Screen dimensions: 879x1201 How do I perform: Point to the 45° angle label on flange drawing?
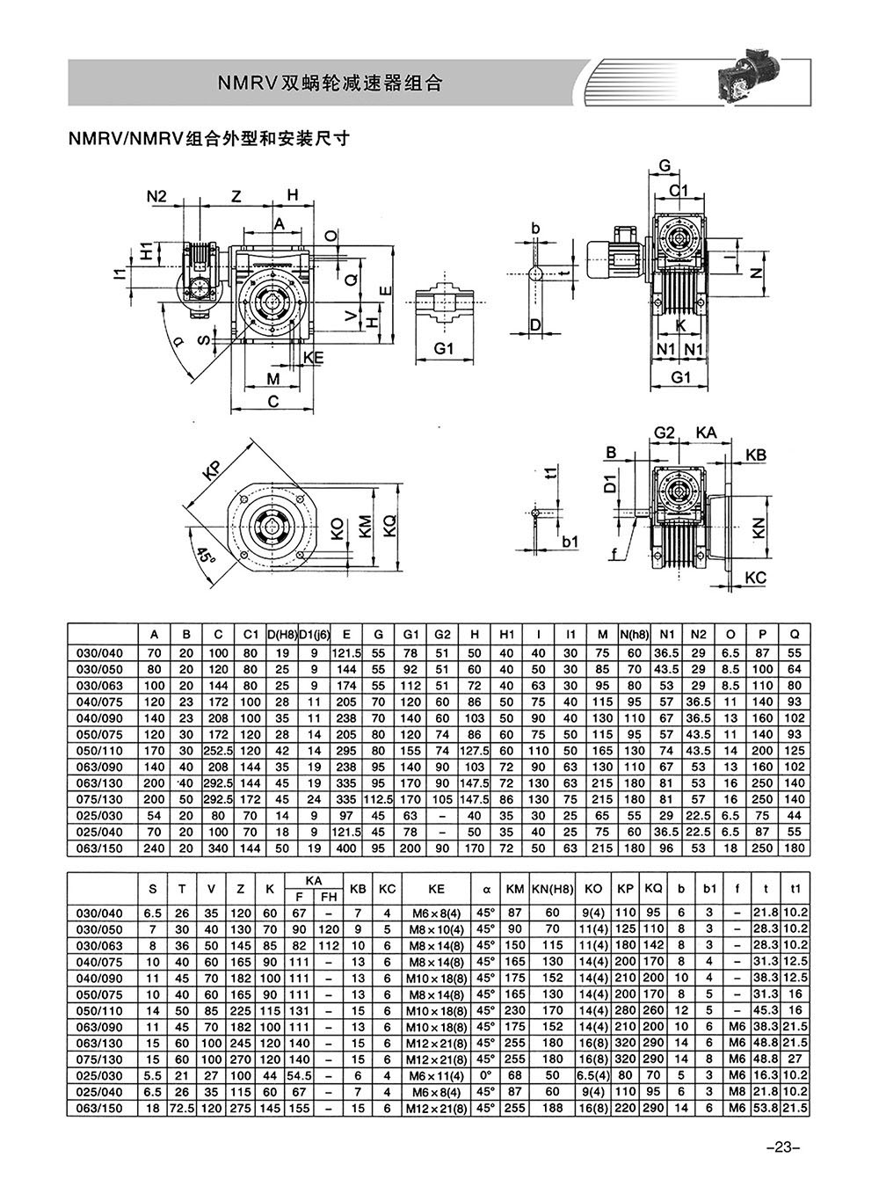pos(204,556)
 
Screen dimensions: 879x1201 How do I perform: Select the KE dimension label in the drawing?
pos(314,358)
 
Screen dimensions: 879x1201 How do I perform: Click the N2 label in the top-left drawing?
pos(156,196)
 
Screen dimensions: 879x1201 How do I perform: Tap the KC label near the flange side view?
pos(756,578)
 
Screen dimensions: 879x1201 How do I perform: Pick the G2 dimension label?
pos(664,433)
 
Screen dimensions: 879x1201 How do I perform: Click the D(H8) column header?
pos(282,635)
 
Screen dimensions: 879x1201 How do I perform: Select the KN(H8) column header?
pos(553,888)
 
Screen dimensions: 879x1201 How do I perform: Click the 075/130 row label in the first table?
pos(99,799)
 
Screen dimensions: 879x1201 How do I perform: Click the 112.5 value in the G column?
pos(378,799)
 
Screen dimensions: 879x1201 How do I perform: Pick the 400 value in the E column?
pos(346,848)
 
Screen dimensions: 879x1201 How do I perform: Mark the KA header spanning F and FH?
pos(314,880)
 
